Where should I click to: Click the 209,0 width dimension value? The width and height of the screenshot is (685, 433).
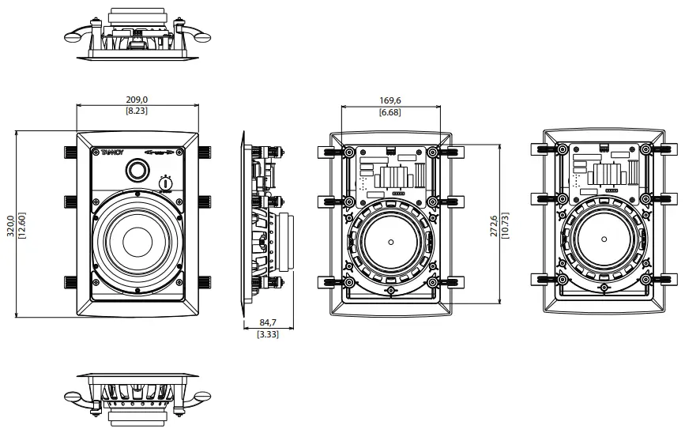(137, 100)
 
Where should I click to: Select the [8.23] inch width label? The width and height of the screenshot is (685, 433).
(137, 111)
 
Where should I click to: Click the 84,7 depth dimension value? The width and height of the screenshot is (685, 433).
(267, 322)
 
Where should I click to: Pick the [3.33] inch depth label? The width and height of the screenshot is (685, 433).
(267, 334)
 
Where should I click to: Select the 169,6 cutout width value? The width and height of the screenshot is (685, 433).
(390, 101)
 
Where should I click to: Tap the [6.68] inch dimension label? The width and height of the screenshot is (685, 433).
(390, 113)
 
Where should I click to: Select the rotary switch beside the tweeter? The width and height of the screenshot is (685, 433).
(166, 183)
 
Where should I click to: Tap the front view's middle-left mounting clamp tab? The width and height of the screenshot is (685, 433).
(70, 201)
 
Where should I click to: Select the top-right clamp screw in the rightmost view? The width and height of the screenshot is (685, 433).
(646, 149)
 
